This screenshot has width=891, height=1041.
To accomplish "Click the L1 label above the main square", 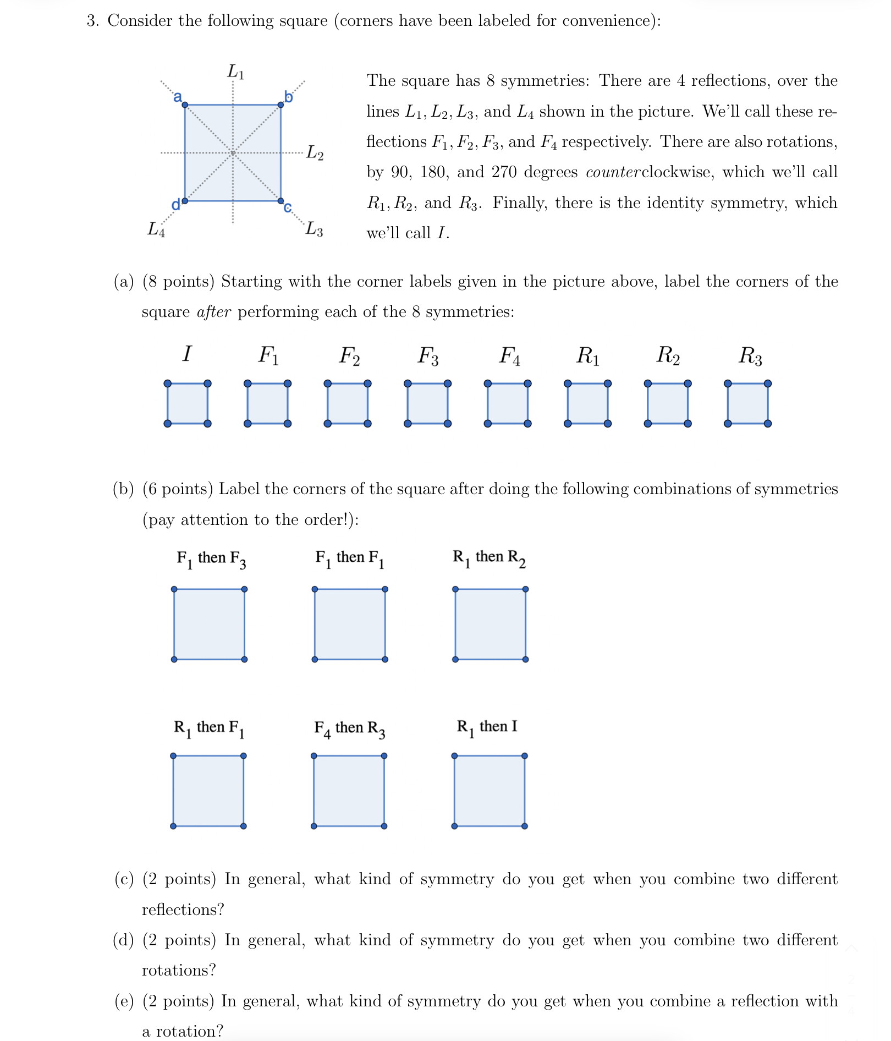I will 236,72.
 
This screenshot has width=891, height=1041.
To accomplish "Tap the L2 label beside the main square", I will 315,152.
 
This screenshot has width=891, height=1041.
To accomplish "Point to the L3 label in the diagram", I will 314,228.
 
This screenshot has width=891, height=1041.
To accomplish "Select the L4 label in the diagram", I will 156,229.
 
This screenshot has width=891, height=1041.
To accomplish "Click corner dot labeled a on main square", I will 185,105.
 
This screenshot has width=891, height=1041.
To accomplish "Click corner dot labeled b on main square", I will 280,105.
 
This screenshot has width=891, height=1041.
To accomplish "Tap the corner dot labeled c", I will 280,201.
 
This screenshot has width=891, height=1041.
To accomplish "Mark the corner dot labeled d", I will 185,201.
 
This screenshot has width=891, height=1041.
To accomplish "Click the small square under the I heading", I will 188,403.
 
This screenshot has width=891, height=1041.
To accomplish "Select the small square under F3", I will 427,403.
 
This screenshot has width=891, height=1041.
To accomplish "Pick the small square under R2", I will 668,403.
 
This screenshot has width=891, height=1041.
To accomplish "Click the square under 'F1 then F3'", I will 209,624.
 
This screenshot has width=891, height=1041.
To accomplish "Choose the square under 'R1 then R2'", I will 490,624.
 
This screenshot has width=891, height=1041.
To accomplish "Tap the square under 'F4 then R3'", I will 349,791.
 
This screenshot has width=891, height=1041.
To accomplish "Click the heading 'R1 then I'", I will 487,727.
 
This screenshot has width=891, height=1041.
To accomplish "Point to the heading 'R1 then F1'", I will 209,728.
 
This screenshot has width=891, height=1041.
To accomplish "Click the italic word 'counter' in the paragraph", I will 613,172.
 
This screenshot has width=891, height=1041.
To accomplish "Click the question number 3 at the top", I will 92,21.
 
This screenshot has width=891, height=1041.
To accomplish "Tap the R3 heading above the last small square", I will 750,356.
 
